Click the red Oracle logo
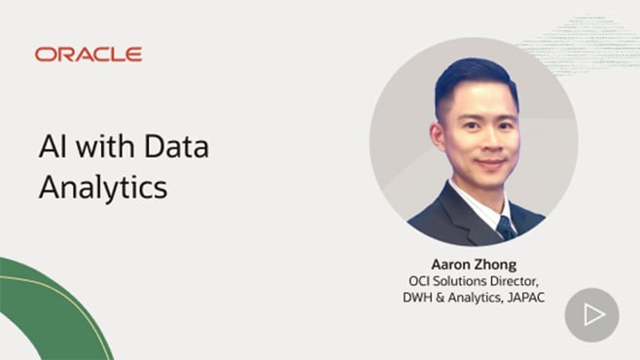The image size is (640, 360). (x=89, y=54)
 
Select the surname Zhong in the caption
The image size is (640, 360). (x=496, y=264)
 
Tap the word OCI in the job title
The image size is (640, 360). (x=420, y=281)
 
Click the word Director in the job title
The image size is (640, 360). (x=515, y=281)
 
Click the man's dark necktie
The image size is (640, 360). (x=505, y=227)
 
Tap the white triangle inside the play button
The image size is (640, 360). (x=593, y=314)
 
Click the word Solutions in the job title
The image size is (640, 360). (x=463, y=281)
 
